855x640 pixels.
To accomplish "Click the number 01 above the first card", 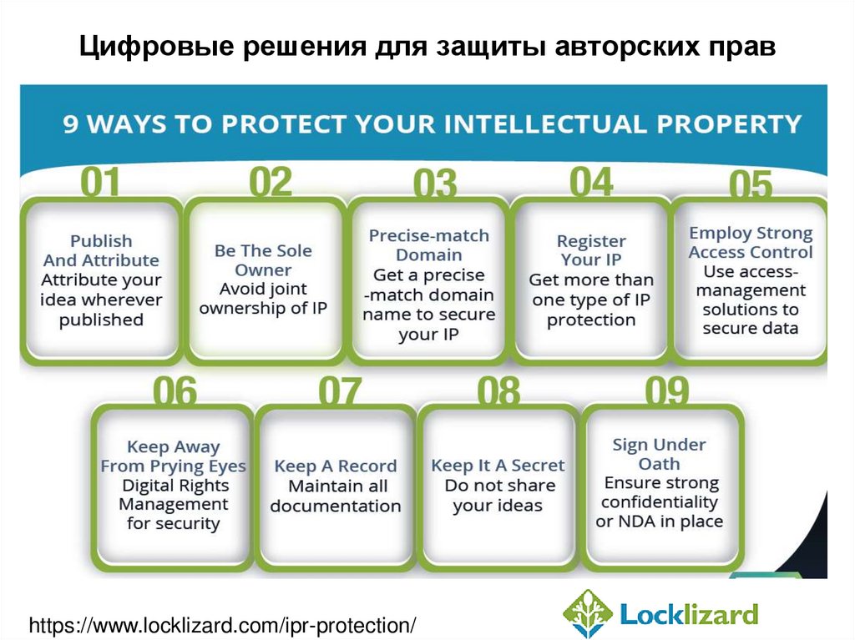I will pyautogui.click(x=99, y=182).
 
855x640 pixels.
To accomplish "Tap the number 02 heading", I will pyautogui.click(x=271, y=181).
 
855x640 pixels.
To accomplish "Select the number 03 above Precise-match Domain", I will pyautogui.click(x=434, y=184).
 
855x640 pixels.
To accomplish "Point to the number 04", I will pyautogui.click(x=590, y=181).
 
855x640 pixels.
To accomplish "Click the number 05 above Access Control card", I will pyautogui.click(x=751, y=185).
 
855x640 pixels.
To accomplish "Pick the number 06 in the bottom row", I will pyautogui.click(x=175, y=391).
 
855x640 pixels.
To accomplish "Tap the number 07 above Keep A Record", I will pyautogui.click(x=340, y=391).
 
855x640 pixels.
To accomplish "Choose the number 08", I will pyautogui.click(x=498, y=391).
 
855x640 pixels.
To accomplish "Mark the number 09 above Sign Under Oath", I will pyautogui.click(x=667, y=391).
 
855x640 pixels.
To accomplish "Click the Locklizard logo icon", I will pyautogui.click(x=588, y=614).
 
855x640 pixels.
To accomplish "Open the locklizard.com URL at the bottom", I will pyautogui.click(x=222, y=624).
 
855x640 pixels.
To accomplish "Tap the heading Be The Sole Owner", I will pyautogui.click(x=263, y=260).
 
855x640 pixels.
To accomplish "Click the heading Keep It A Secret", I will pyautogui.click(x=498, y=466).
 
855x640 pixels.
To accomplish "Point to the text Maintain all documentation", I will pyautogui.click(x=336, y=496).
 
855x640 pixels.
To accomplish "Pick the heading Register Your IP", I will pyautogui.click(x=591, y=250).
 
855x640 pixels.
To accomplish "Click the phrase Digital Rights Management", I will pyautogui.click(x=175, y=495).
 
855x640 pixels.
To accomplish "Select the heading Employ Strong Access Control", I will pyautogui.click(x=751, y=243).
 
